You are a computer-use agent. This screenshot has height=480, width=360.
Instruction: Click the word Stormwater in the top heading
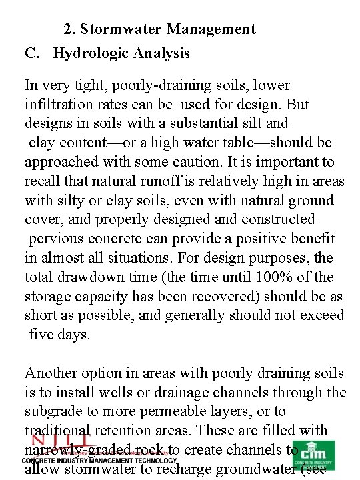pos(123,29)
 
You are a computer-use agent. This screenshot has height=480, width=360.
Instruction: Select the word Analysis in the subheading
pos(159,53)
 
